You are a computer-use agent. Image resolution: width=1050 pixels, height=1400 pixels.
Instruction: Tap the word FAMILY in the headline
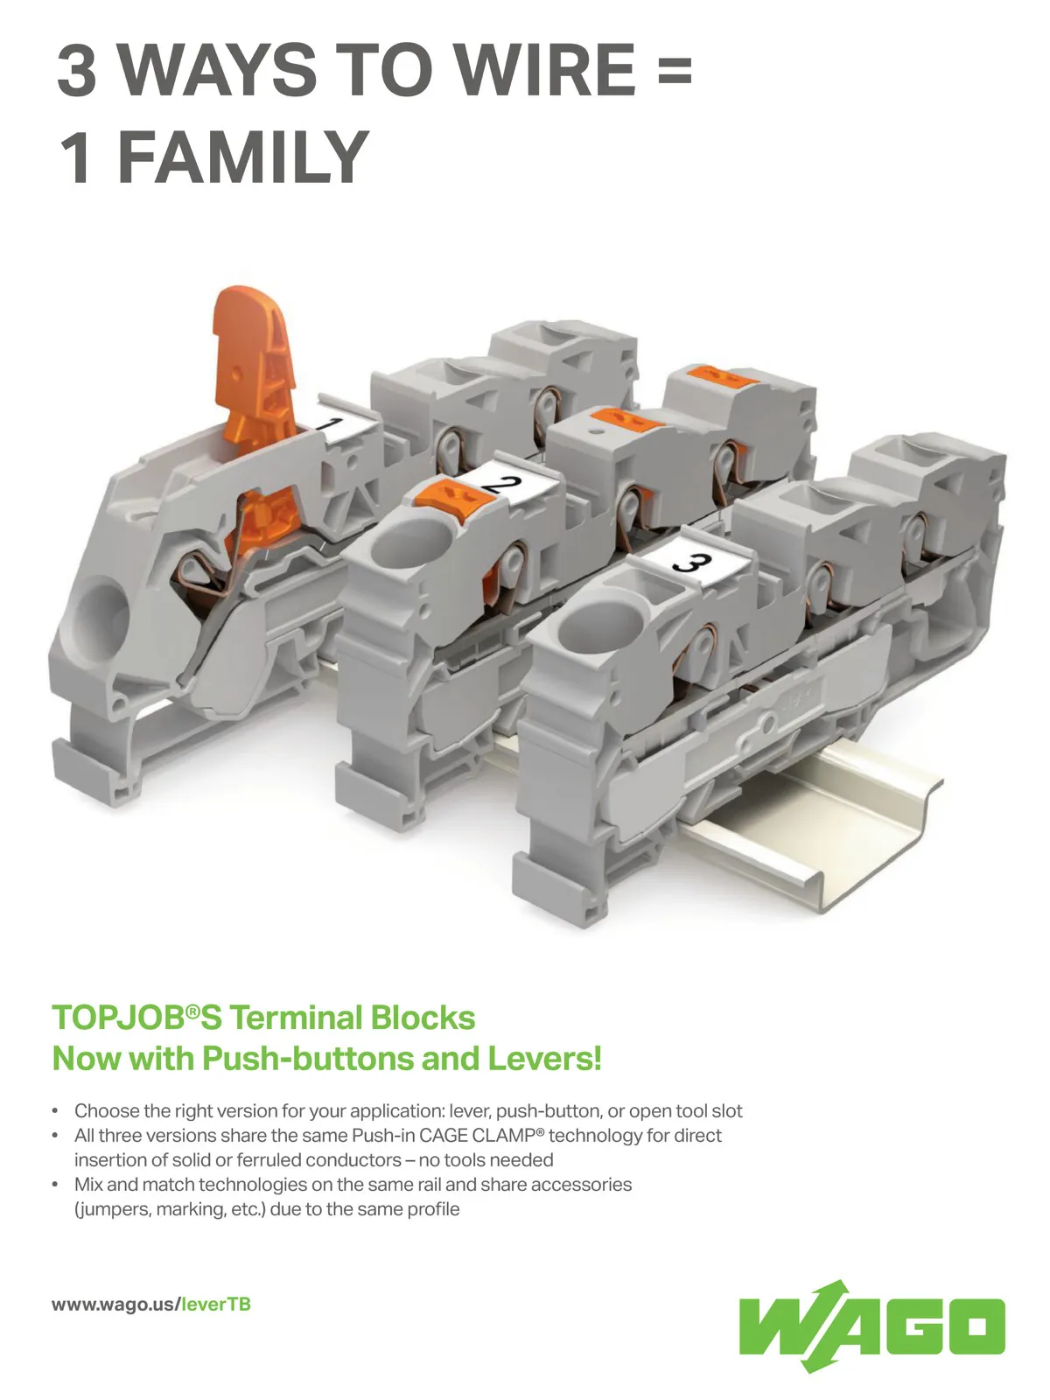pyautogui.click(x=243, y=157)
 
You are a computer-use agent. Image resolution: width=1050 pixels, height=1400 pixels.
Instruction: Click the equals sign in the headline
pyautogui.click(x=675, y=70)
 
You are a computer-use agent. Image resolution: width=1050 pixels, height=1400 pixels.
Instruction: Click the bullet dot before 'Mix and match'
pyautogui.click(x=55, y=1185)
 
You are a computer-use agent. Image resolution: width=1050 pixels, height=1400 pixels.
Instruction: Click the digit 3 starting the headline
pyautogui.click(x=76, y=69)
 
